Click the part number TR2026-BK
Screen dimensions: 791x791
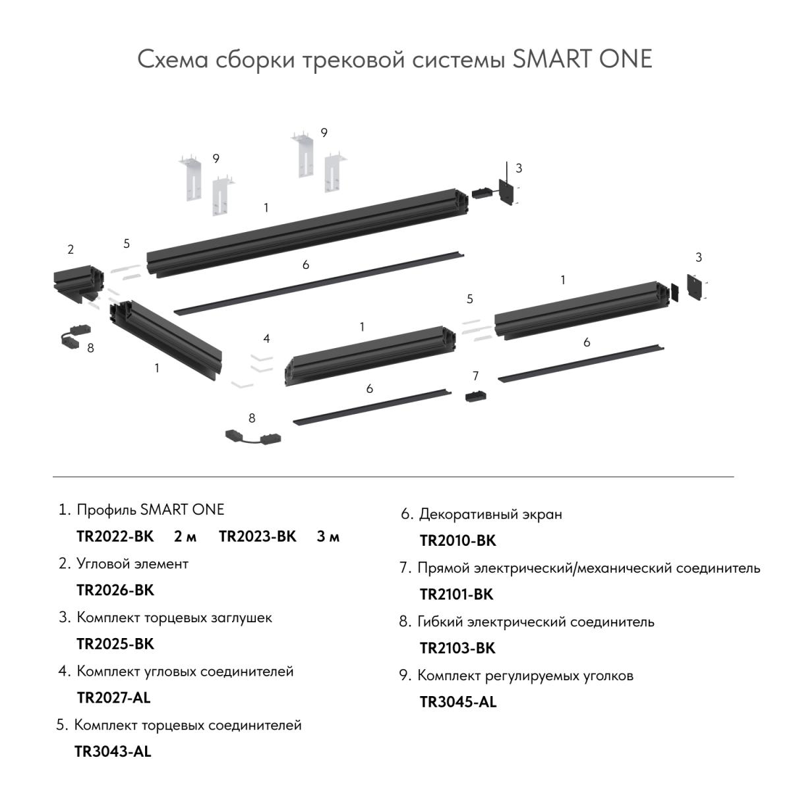(115, 590)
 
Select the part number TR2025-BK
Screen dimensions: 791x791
(115, 644)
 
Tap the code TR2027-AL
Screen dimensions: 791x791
(113, 697)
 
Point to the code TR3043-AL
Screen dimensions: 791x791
(113, 751)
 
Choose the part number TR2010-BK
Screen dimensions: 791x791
(457, 541)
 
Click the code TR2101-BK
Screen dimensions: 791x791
(456, 595)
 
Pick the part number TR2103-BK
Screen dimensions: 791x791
(457, 649)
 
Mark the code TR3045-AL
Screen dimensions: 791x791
(458, 702)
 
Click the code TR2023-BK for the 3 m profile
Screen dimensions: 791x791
(258, 537)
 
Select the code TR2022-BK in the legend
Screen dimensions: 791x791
(115, 537)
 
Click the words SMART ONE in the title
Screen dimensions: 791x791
(582, 59)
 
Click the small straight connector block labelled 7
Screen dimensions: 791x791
(476, 396)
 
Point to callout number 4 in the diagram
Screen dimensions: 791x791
(266, 339)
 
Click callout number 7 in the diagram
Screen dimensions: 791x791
(476, 376)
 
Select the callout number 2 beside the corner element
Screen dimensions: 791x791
(71, 250)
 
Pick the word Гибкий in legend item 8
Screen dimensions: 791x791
(440, 622)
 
